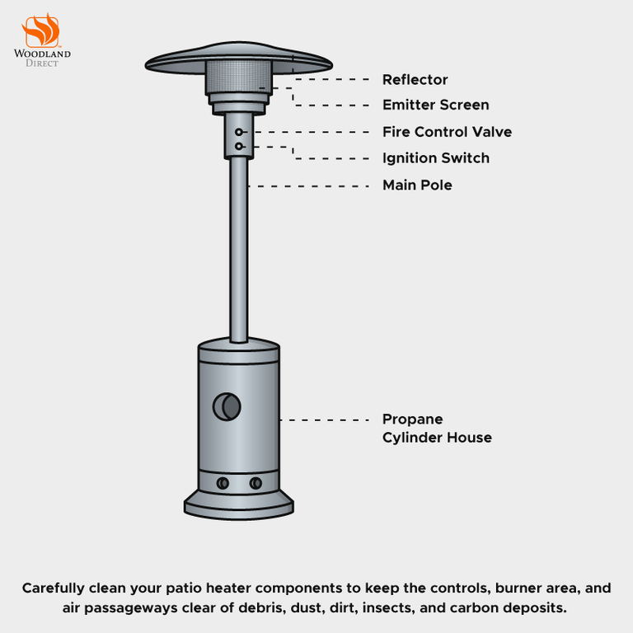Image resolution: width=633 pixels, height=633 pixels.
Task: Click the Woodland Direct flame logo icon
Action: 40,30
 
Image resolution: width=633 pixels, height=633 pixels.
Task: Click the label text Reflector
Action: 415,79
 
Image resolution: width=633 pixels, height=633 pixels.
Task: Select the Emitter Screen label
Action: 435,105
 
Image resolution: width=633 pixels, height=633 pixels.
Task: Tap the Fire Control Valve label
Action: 447,132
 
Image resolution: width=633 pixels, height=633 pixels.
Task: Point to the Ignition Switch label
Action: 435,158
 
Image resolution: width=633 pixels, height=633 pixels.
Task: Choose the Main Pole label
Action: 417,185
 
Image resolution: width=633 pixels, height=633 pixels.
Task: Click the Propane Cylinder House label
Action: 436,429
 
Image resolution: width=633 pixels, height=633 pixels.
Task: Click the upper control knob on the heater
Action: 239,132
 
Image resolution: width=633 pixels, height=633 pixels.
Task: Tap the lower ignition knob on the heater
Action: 239,147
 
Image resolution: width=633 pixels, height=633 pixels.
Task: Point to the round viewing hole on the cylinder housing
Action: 227,406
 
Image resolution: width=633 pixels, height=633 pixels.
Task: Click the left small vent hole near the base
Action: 223,483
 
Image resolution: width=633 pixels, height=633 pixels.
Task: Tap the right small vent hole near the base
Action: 256,483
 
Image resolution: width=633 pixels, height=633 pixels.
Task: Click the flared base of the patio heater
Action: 239,504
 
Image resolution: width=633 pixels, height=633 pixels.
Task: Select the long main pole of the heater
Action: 239,247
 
